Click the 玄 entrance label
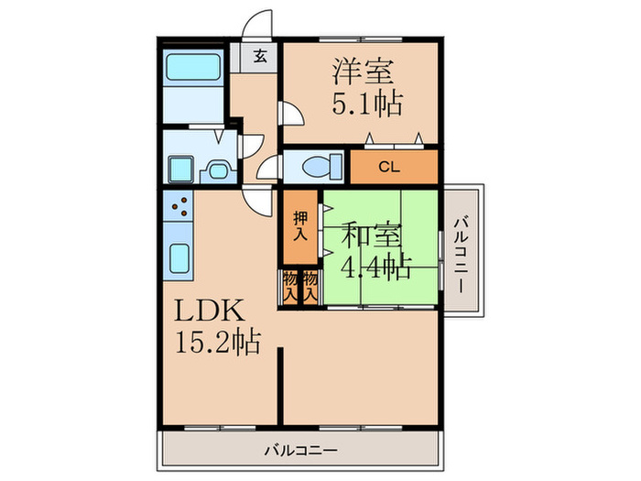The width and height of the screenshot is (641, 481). [259, 57]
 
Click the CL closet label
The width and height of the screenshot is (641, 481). [389, 167]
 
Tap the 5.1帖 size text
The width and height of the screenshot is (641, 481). [366, 104]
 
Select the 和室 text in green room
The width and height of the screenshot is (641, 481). [372, 235]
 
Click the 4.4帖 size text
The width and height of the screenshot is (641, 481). [375, 268]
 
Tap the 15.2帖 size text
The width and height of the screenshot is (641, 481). [217, 344]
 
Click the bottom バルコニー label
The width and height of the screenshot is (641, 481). [302, 450]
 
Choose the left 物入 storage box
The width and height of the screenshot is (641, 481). [289, 287]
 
